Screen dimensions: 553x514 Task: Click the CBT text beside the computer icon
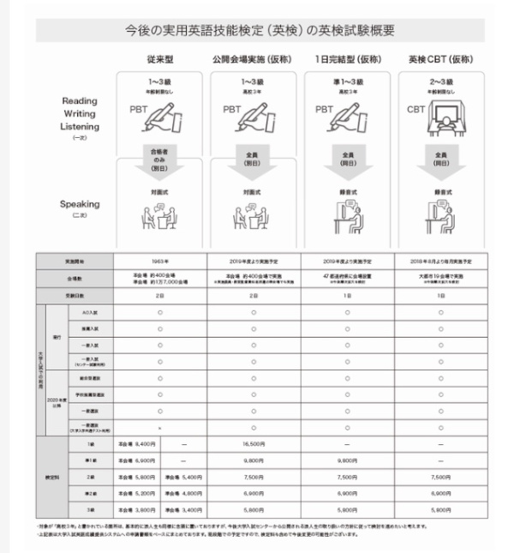tap(415, 109)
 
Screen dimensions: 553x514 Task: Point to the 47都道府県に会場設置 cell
tap(348, 277)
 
